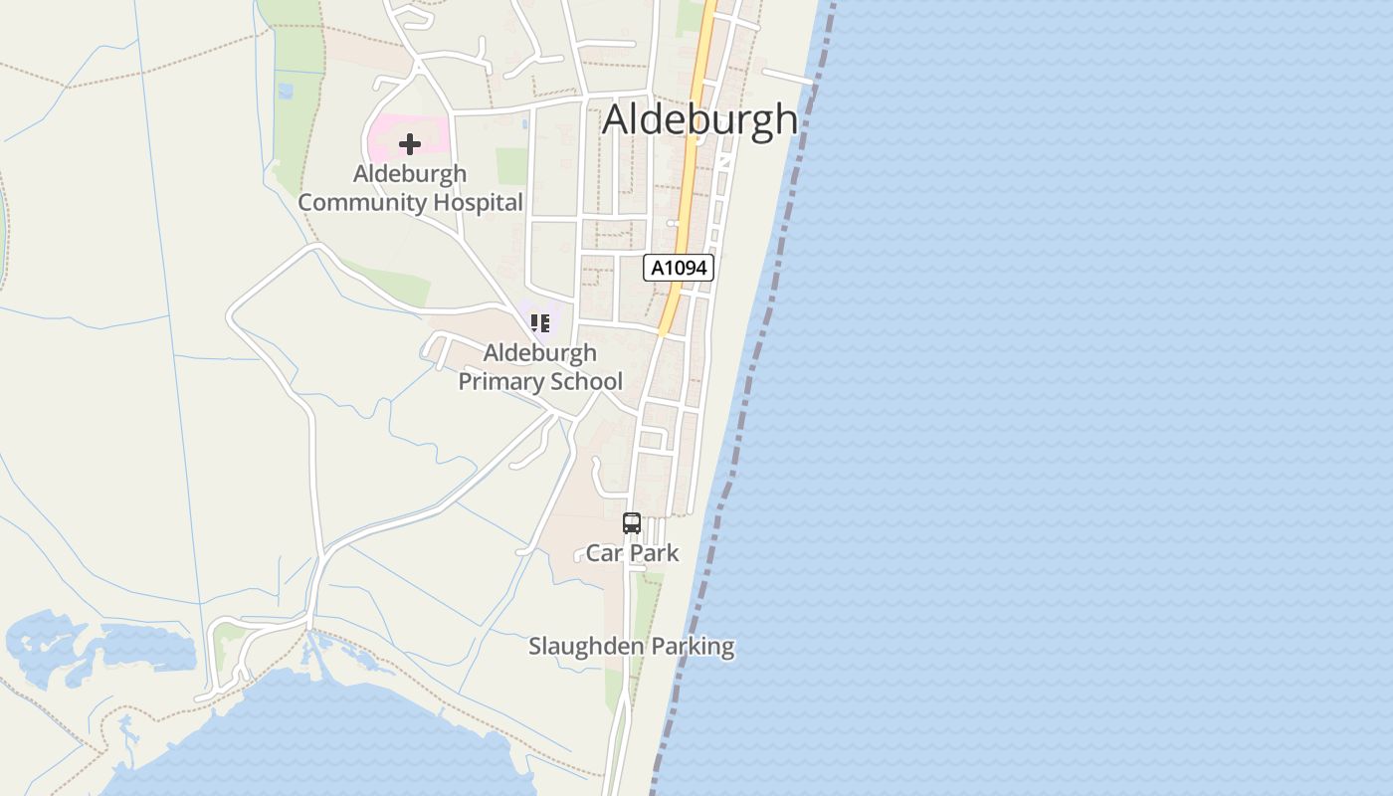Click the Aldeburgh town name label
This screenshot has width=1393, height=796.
[x=699, y=119]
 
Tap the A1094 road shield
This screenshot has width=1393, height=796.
[x=679, y=268]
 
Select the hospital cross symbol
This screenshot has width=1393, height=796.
[x=409, y=144]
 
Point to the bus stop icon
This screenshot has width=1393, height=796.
[x=632, y=522]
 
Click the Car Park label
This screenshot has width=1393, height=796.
[x=632, y=553]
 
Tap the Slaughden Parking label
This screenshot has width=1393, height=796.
[x=631, y=647]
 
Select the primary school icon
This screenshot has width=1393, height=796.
[x=539, y=322]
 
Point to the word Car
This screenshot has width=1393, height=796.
[x=603, y=553]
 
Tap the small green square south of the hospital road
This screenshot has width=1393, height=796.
[x=511, y=166]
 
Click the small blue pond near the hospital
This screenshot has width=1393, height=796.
[x=524, y=124]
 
